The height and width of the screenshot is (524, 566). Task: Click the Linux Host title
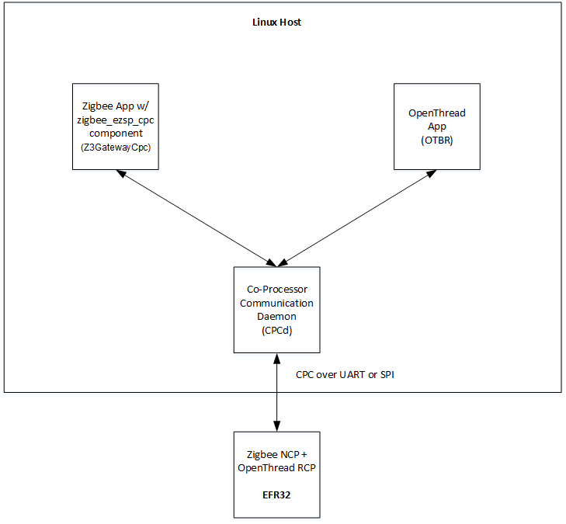pyautogui.click(x=277, y=23)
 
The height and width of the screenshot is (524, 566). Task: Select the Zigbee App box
pyautogui.click(x=115, y=127)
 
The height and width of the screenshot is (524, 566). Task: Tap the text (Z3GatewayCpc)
pyautogui.click(x=115, y=147)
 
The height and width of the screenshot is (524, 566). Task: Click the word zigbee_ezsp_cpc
pyautogui.click(x=115, y=120)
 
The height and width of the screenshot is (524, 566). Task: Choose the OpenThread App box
pyautogui.click(x=437, y=127)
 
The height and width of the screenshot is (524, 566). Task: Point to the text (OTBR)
pyautogui.click(x=437, y=141)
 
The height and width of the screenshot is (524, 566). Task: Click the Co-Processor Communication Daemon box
pyautogui.click(x=277, y=309)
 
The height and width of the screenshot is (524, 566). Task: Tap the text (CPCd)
pyautogui.click(x=277, y=330)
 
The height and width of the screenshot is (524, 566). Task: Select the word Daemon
pyautogui.click(x=277, y=317)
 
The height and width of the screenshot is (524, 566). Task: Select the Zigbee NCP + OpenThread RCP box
pyautogui.click(x=277, y=474)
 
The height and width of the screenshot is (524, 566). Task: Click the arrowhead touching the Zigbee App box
pyautogui.click(x=120, y=174)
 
